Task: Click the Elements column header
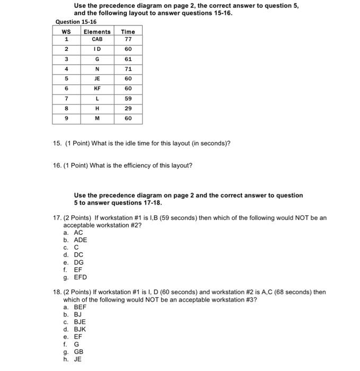pyautogui.click(x=97, y=32)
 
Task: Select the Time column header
pyautogui.click(x=128, y=32)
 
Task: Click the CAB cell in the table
pyautogui.click(x=97, y=39)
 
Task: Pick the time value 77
pyautogui.click(x=128, y=39)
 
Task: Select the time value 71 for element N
pyautogui.click(x=128, y=69)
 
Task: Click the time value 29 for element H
pyautogui.click(x=128, y=108)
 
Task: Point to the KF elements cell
pyautogui.click(x=97, y=89)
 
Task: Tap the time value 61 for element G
pyautogui.click(x=128, y=59)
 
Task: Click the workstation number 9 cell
pyautogui.click(x=66, y=118)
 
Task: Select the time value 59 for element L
pyautogui.click(x=128, y=99)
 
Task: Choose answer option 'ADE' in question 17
pyautogui.click(x=81, y=240)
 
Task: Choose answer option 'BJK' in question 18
pyautogui.click(x=80, y=329)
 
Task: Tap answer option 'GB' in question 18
pyautogui.click(x=78, y=351)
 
